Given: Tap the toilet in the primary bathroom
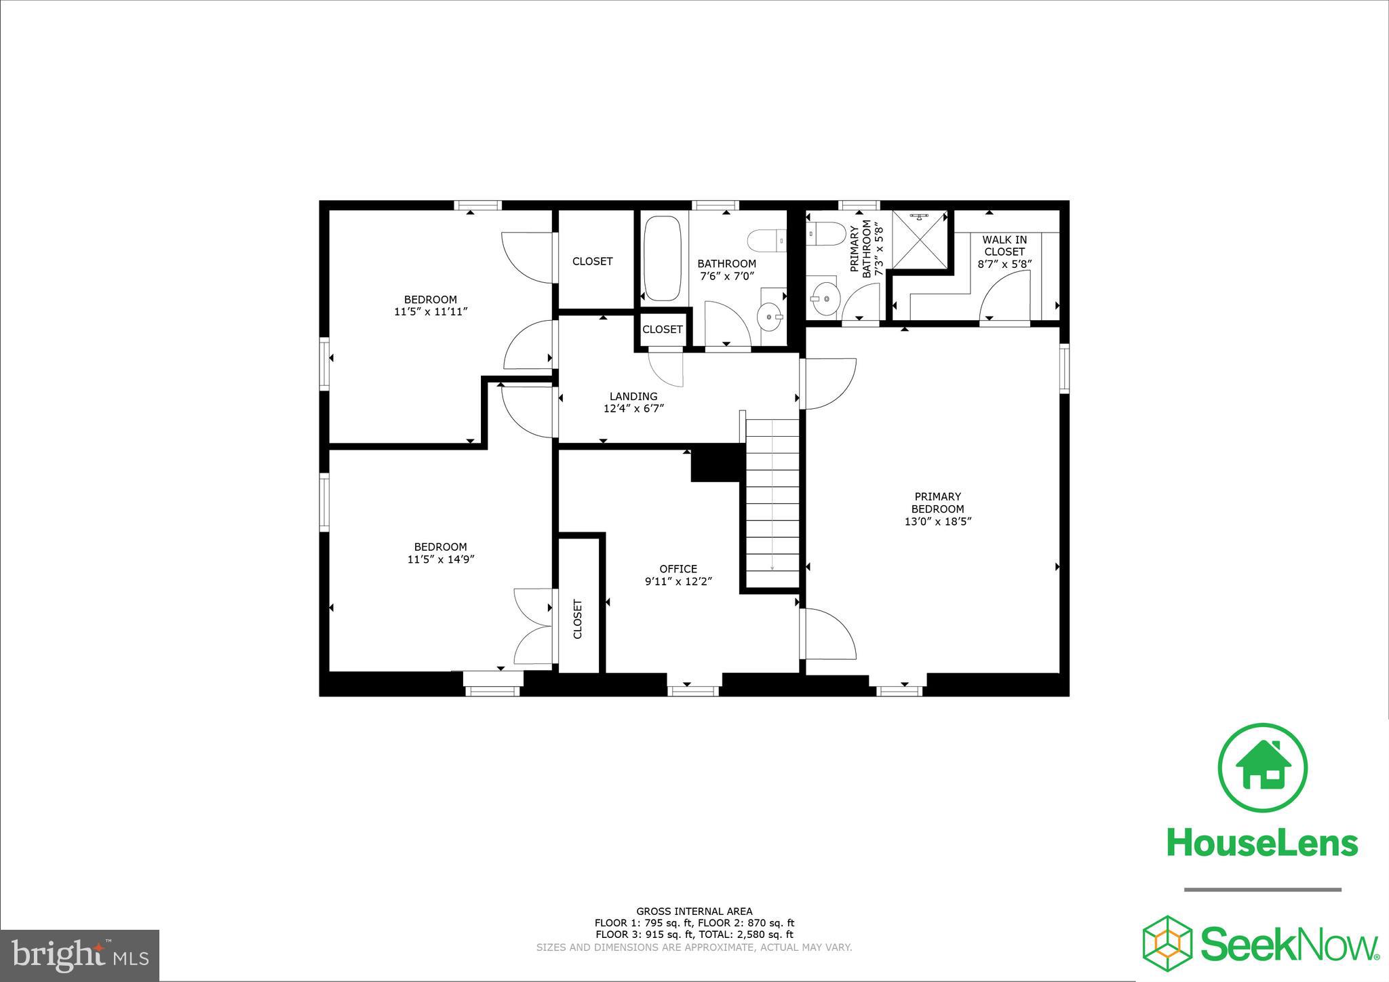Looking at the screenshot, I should coord(825,235).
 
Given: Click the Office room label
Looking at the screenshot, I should coord(678,569).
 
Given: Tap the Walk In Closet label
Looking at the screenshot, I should coord(1004,245).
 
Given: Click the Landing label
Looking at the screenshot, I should coord(633,397).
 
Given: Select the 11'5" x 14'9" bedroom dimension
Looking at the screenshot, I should coord(440,559).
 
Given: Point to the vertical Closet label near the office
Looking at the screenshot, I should coord(578,618).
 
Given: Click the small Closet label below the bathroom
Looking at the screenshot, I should coord(662,330).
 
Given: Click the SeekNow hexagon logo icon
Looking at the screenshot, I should coord(1168,942).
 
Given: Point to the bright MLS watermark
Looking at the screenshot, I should coord(80,955).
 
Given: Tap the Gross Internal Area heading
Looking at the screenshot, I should coord(694,911).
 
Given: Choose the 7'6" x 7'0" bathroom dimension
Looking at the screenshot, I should coord(726,276).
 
